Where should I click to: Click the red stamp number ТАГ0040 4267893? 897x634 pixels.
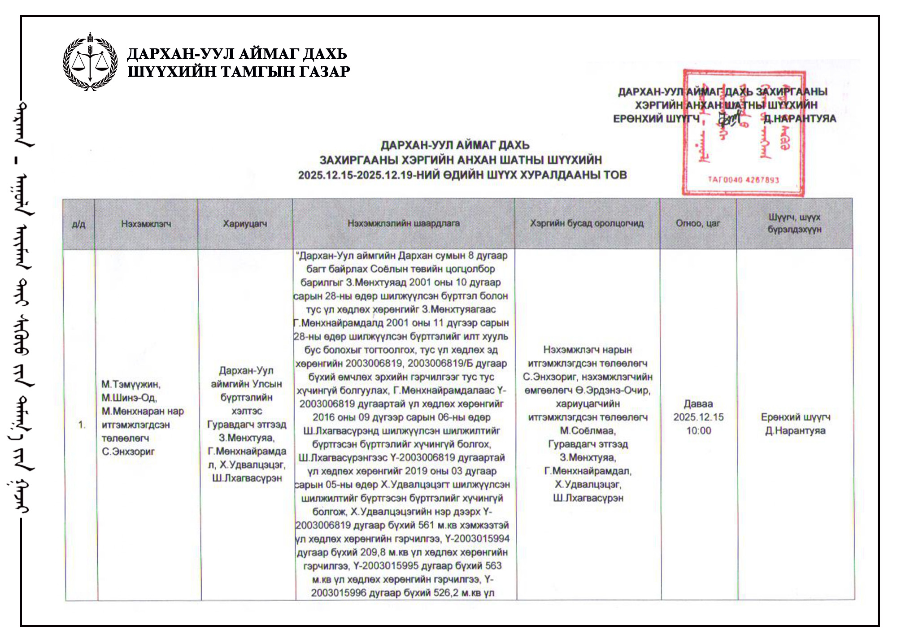[x=743, y=180]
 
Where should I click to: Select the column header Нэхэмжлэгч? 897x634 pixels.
[x=146, y=224]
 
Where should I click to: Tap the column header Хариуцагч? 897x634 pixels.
[x=245, y=224]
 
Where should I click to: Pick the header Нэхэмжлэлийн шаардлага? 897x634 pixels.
[x=404, y=223]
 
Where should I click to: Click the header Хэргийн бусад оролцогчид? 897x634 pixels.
[x=587, y=223]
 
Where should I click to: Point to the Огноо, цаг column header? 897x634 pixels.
[x=698, y=223]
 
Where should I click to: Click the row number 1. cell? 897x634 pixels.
[x=82, y=425]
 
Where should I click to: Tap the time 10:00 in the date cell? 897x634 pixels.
[x=698, y=431]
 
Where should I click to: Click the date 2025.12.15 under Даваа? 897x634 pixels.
[x=698, y=417]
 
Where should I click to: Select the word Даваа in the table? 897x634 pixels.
[x=698, y=404]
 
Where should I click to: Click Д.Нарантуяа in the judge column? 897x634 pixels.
[x=795, y=431]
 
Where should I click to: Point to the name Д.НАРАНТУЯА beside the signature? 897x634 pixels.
[x=800, y=119]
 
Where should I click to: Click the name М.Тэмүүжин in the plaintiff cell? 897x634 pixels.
[x=131, y=384]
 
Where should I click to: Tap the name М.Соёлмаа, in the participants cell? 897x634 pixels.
[x=588, y=431]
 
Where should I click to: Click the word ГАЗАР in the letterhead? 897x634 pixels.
[x=324, y=72]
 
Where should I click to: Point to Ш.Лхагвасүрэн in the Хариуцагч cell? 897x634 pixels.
[x=247, y=478]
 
